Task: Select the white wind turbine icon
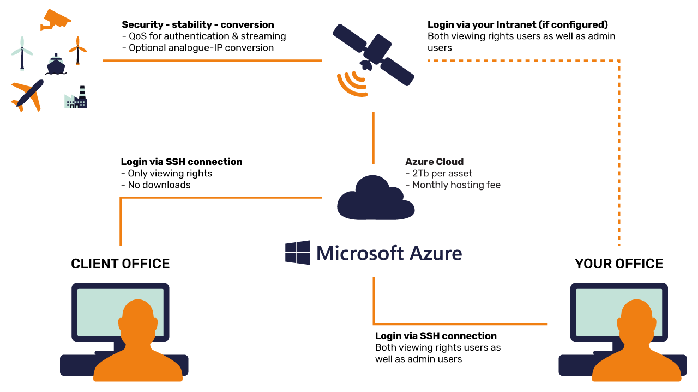(x=22, y=52)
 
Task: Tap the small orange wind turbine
(x=78, y=50)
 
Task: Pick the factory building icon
(x=76, y=99)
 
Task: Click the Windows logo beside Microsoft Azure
(x=298, y=253)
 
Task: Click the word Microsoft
(x=359, y=253)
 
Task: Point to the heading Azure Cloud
(x=434, y=162)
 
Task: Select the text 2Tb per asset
(x=442, y=173)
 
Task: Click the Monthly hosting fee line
(x=456, y=185)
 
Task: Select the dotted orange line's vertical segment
(x=619, y=152)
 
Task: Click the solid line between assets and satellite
(x=212, y=60)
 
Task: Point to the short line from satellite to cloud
(x=374, y=138)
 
